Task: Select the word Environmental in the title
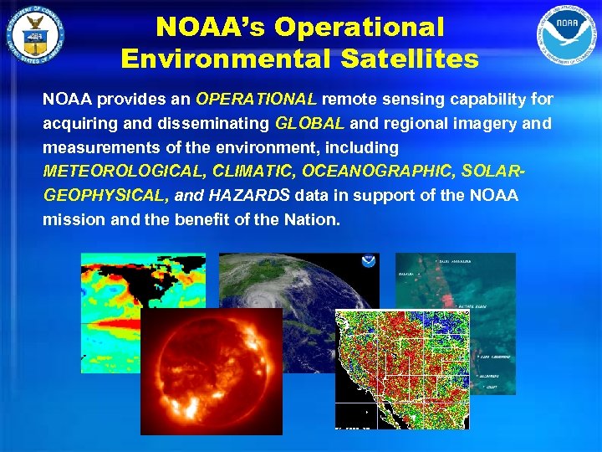[222, 59]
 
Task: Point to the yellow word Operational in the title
[358, 28]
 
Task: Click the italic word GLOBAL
[309, 124]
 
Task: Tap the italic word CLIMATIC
[254, 172]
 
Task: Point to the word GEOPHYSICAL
[105, 195]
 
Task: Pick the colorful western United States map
[401, 368]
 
